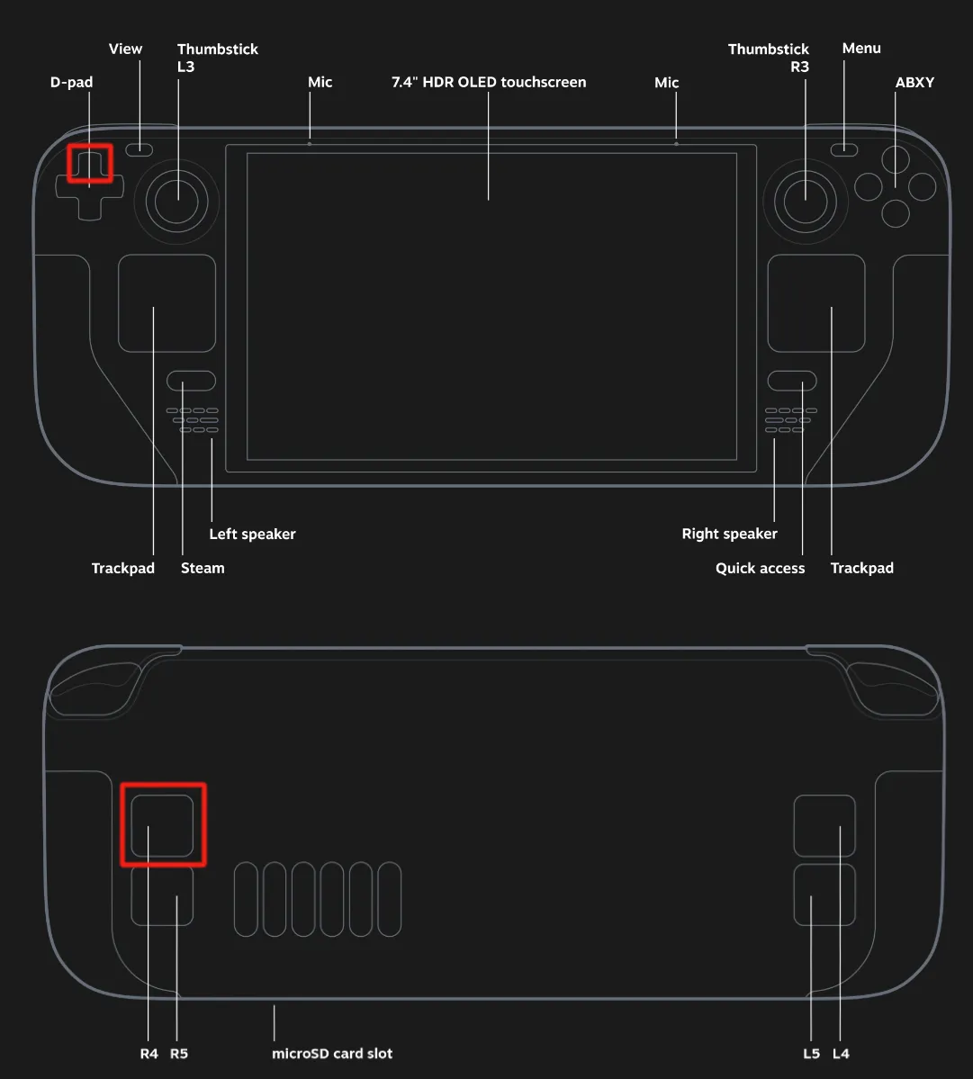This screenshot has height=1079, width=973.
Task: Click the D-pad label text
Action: pos(72,82)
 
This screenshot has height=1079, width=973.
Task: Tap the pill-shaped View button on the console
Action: pos(139,149)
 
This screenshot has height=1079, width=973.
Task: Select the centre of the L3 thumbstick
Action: pos(176,202)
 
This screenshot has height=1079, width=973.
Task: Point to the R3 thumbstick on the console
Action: pos(806,202)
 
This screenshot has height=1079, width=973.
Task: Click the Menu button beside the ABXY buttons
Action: pos(844,149)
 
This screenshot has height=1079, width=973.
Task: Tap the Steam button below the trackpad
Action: pos(192,381)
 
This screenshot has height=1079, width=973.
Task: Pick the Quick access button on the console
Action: pos(792,381)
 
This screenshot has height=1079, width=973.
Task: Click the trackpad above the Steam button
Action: pos(167,303)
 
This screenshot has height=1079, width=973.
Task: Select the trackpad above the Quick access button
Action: pos(816,303)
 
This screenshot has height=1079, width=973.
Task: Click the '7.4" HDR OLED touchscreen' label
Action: pos(489,82)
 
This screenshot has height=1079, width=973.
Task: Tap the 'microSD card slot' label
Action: pos(331,1054)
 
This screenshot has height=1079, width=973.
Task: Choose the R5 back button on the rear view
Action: pos(162,895)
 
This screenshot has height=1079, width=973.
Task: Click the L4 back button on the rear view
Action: pos(824,826)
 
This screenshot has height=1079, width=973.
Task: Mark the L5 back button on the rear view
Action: pos(824,895)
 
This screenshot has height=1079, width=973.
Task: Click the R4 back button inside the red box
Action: pos(162,826)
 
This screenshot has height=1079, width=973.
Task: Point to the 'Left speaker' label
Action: pos(253,534)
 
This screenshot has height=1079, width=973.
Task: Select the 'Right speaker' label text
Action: pos(729,534)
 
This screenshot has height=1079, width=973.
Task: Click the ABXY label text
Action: pos(914,82)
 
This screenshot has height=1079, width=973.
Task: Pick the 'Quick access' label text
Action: pos(760,569)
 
